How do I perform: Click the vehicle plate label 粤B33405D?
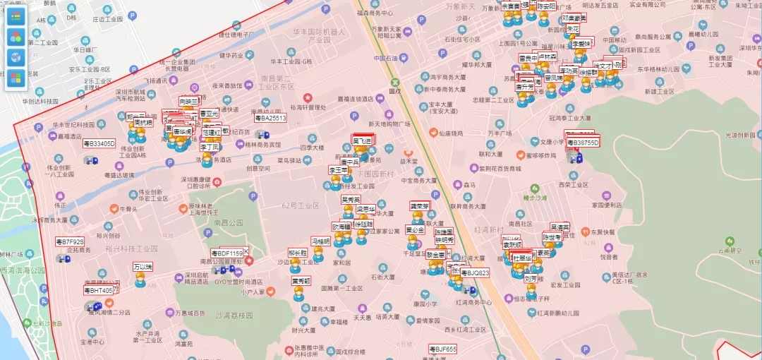click(99, 144)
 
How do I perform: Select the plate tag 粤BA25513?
click(270, 119)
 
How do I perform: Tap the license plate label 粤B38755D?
click(582, 143)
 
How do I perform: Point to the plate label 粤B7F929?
click(69, 241)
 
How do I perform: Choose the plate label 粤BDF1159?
click(227, 253)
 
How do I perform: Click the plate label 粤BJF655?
click(443, 349)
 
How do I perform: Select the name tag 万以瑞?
click(143, 267)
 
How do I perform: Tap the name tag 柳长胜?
click(298, 253)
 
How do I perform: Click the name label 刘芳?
click(533, 278)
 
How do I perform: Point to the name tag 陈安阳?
click(546, 6)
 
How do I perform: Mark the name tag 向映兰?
click(188, 102)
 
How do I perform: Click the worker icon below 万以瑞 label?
click(140, 281)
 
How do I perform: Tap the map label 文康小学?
click(552, 142)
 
